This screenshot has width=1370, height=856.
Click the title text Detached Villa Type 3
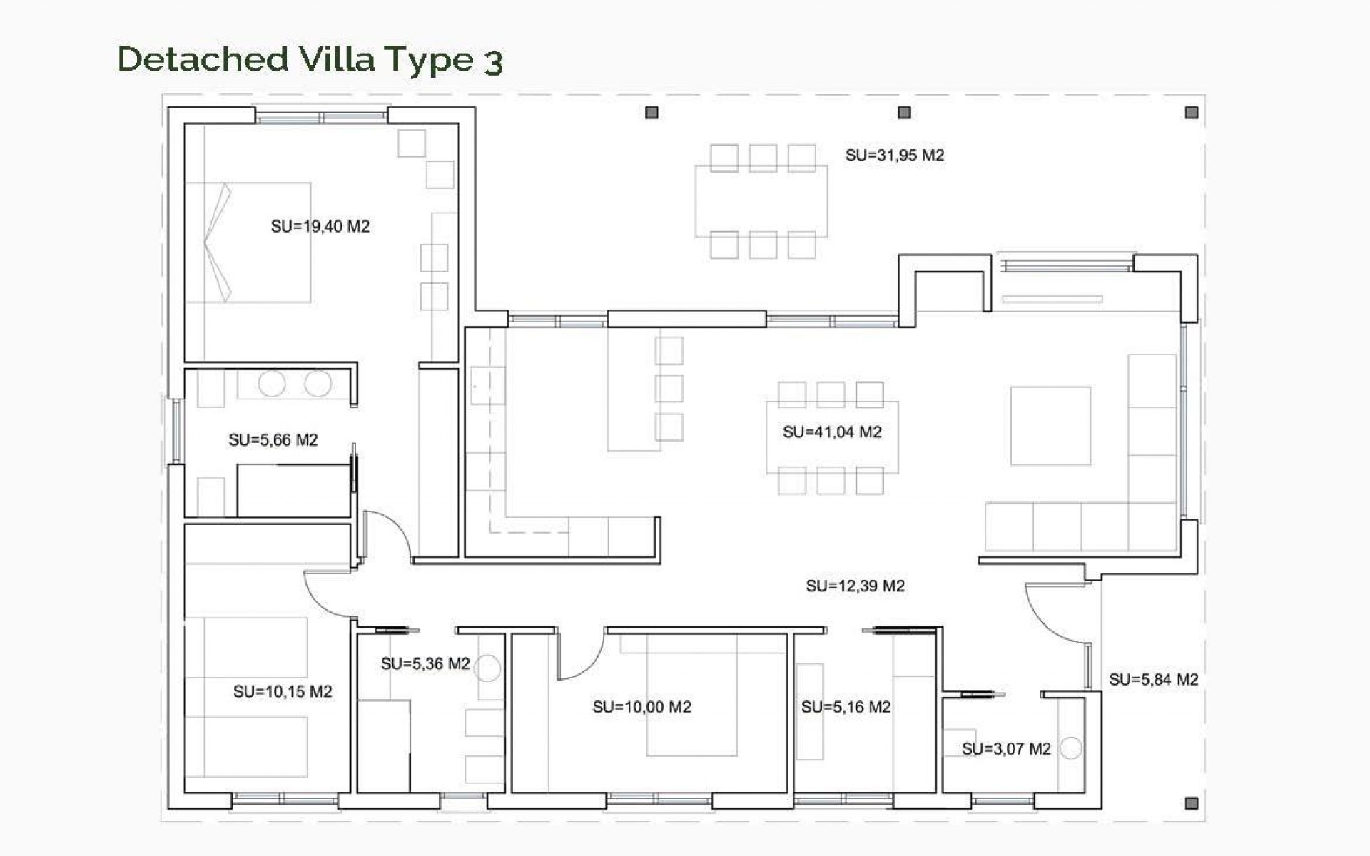pos(310,60)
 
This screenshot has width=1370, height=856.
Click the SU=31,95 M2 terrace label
pos(894,156)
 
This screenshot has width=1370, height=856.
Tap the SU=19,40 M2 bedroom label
pos(320,227)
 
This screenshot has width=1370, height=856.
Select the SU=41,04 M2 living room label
pos(832,432)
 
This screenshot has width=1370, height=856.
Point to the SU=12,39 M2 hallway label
pos(855,586)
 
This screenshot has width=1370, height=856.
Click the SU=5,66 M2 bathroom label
pos(273,440)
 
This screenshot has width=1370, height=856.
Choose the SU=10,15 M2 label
pos(283,692)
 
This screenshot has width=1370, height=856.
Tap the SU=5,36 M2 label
pos(425,664)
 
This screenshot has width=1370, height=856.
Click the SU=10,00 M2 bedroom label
pos(641,708)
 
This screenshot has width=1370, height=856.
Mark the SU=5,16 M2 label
pos(846,708)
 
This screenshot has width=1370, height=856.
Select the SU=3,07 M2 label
pos(1005,749)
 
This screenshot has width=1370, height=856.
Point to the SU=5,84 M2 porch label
pos(1153,680)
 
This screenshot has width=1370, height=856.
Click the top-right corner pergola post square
pos(1191,113)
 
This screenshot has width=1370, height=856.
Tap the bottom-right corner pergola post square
pos(1191,803)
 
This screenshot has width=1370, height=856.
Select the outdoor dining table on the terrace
pos(761,201)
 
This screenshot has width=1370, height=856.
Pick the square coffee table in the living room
pos(1050,426)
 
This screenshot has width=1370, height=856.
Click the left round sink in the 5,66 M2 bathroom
pos(272,384)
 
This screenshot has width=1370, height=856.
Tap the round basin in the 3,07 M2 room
pos(1070,748)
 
